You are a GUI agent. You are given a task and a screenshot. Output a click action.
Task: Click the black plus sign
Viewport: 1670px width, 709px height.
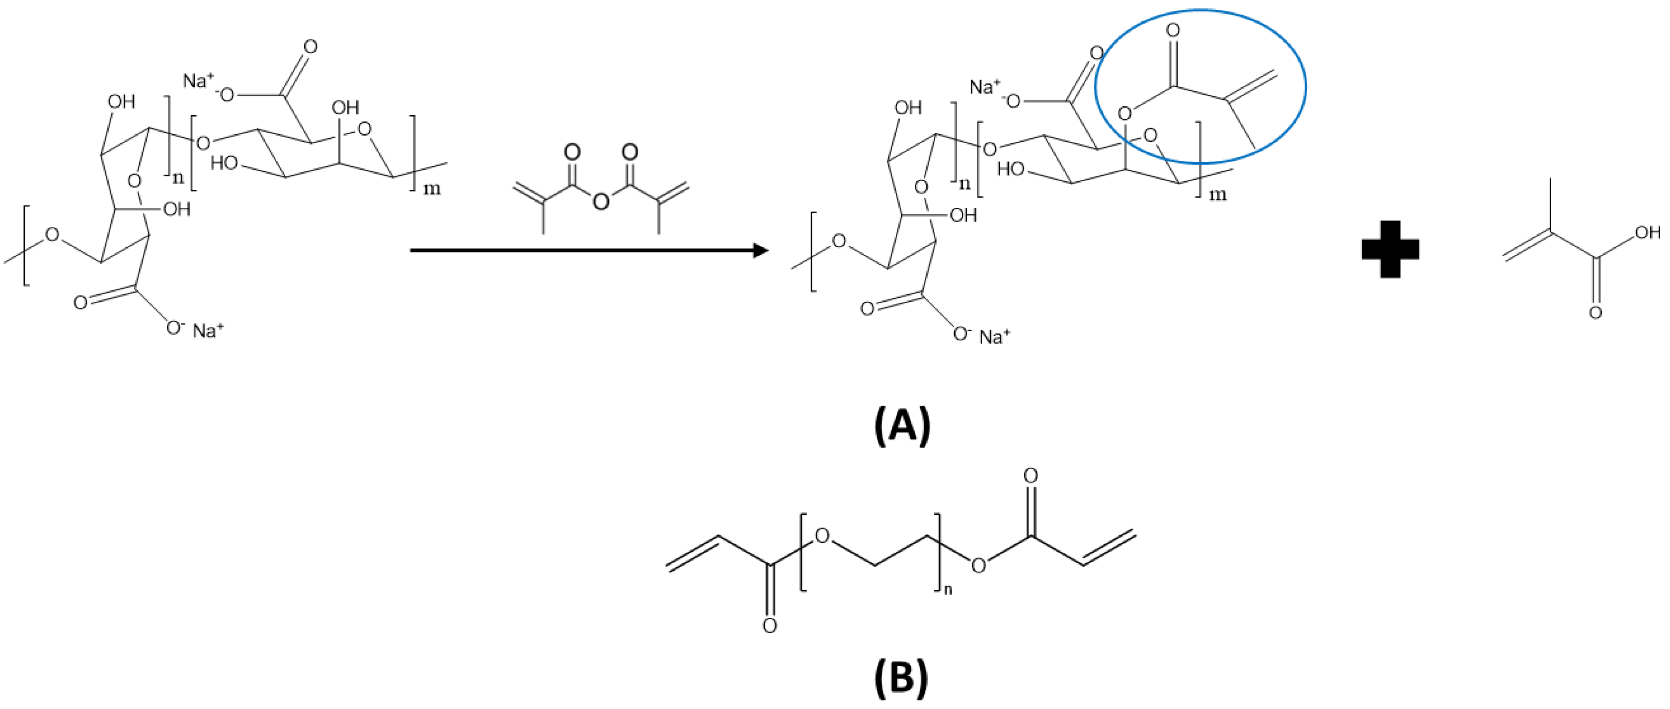(x=1391, y=249)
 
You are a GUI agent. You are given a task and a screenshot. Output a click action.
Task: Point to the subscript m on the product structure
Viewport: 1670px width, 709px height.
(x=1218, y=195)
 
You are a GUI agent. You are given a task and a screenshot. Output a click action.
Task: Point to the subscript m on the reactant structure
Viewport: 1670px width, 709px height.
(x=432, y=189)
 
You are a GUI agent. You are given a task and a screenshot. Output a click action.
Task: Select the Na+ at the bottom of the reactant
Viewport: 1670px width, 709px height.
(x=208, y=331)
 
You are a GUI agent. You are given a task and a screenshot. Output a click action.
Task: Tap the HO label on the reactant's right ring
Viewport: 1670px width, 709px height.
(x=223, y=163)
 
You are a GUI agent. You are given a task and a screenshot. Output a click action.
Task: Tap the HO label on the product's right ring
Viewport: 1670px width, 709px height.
(x=1010, y=170)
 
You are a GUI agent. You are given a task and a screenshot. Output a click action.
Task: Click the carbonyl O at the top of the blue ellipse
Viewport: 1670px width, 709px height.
(x=1172, y=31)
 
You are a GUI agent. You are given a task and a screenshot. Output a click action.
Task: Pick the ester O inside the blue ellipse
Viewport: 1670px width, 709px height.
(x=1125, y=114)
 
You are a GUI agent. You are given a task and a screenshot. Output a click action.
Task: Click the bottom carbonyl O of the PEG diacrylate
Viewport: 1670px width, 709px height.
(x=769, y=625)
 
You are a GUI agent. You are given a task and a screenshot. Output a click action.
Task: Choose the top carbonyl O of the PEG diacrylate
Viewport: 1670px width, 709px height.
(x=1030, y=476)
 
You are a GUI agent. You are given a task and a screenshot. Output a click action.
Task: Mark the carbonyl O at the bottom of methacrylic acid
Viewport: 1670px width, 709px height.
(x=1596, y=313)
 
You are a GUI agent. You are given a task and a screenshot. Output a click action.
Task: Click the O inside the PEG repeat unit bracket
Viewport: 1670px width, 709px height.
(x=823, y=536)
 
